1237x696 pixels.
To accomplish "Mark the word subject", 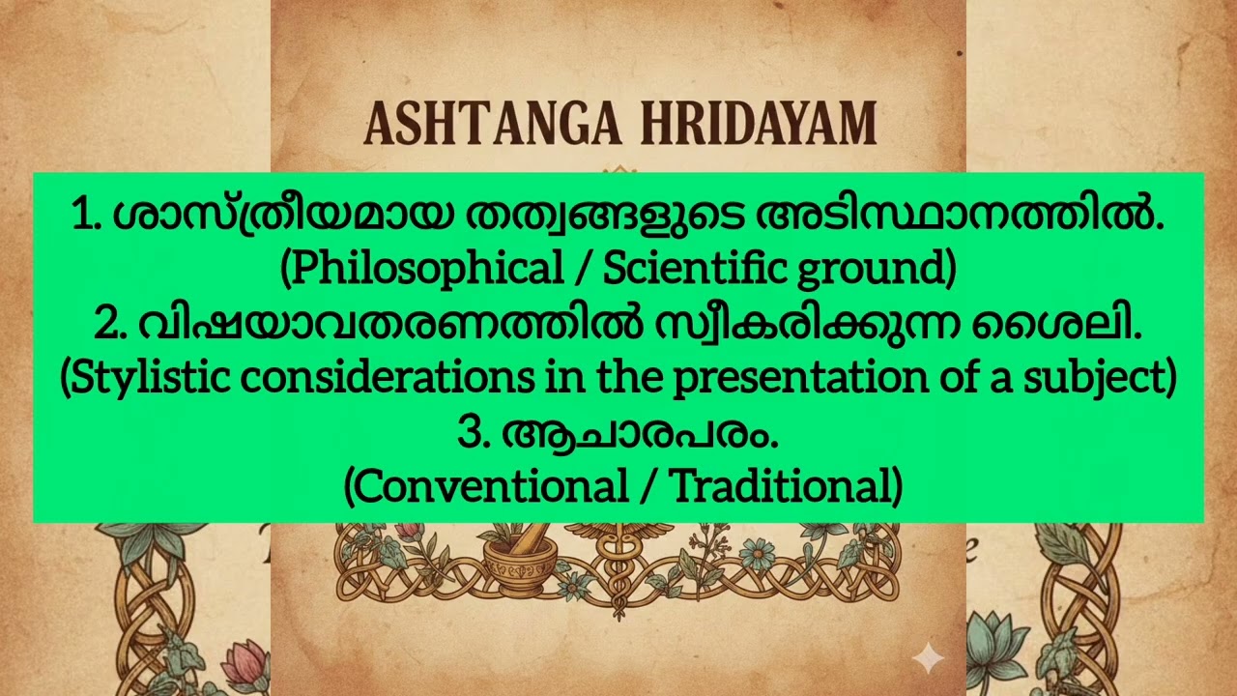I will pos(1111,380).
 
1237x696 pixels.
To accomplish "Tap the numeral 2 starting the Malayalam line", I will pos(107,326).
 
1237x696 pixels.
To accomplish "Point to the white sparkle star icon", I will pos(928,659).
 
